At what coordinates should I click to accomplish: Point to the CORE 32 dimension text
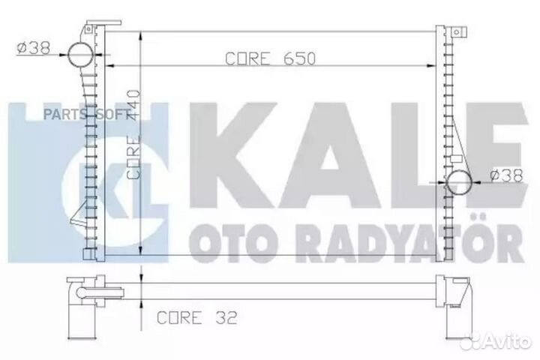click(x=196, y=318)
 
